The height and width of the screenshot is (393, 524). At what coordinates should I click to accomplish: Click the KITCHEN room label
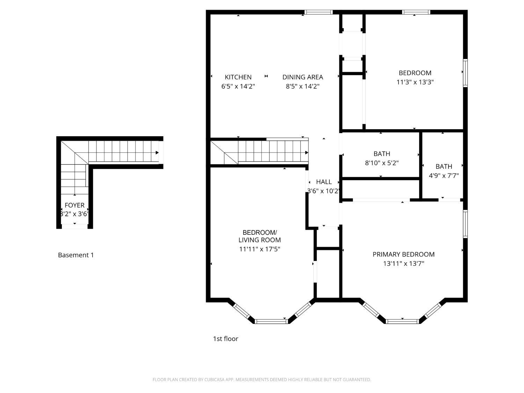[238, 77]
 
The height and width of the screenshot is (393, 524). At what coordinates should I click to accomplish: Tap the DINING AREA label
[303, 77]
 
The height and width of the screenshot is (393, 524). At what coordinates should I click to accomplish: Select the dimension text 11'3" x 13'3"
[415, 82]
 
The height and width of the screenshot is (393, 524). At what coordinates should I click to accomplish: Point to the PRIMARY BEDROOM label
[403, 254]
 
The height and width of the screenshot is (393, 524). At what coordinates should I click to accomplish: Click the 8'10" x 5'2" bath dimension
[382, 163]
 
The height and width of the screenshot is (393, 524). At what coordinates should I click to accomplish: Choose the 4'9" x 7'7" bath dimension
[444, 176]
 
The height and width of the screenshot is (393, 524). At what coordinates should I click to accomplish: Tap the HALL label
[324, 182]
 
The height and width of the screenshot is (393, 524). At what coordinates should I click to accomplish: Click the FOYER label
[74, 205]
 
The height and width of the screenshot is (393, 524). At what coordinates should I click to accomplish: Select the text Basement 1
[76, 255]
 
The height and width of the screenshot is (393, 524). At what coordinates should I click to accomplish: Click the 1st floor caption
[226, 339]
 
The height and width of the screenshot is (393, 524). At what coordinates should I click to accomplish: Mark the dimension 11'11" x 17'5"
[260, 249]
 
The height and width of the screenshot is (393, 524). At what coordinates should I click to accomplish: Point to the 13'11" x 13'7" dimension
[403, 264]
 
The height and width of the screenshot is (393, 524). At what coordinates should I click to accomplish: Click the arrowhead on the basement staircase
[157, 153]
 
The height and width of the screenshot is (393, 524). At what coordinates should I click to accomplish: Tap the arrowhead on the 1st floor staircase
[307, 153]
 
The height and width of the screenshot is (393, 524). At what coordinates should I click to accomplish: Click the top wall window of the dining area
[318, 12]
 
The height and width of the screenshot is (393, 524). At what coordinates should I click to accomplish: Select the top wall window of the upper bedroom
[416, 12]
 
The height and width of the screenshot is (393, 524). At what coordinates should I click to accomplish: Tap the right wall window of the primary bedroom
[465, 224]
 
